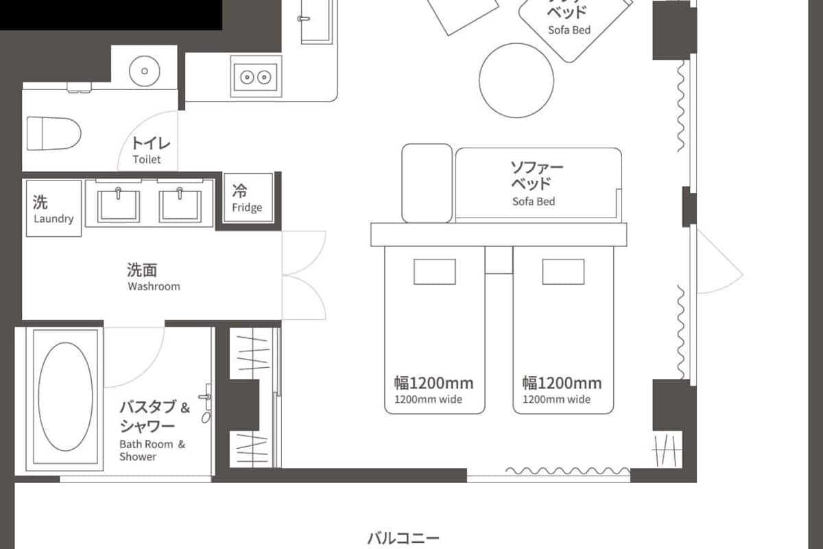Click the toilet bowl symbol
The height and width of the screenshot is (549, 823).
[53, 133]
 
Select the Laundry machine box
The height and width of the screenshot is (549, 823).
[53, 209]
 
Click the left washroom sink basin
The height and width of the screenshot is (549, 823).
[118, 205]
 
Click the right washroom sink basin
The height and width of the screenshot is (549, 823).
[180, 205]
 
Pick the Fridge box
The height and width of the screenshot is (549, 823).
[248, 198]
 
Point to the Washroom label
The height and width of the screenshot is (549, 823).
[154, 277]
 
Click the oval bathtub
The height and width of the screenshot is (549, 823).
[65, 397]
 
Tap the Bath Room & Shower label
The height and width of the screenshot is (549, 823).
[154, 431]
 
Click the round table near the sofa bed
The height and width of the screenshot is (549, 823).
[516, 81]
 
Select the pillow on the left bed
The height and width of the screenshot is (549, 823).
[434, 272]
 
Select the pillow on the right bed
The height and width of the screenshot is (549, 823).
[563, 272]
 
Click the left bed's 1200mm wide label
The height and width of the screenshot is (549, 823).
[433, 389]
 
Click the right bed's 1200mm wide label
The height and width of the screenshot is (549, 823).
[562, 389]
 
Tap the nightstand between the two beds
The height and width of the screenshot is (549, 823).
[499, 260]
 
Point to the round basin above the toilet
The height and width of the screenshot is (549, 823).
[144, 69]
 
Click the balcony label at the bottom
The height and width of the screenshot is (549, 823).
[403, 538]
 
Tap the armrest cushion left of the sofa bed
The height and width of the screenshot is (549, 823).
[427, 183]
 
